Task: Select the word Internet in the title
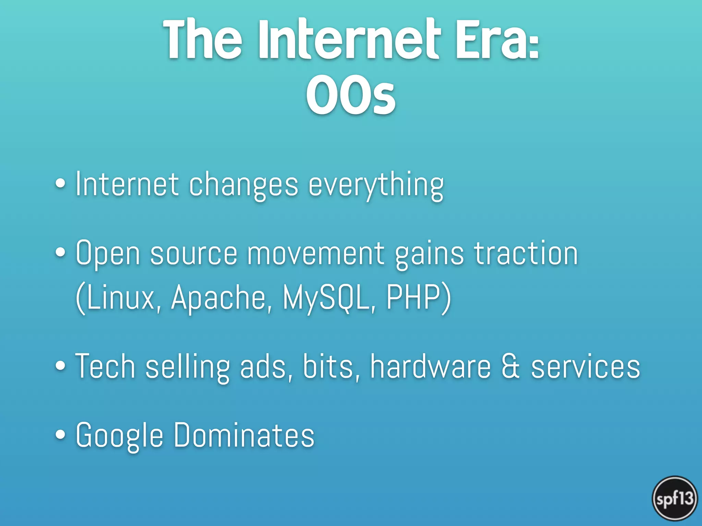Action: click(x=348, y=40)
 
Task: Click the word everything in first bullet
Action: click(x=376, y=185)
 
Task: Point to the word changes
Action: click(x=243, y=185)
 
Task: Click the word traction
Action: click(x=526, y=253)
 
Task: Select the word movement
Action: click(x=315, y=254)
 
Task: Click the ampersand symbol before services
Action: click(x=511, y=366)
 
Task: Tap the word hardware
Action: click(x=430, y=366)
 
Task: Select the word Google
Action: click(x=119, y=436)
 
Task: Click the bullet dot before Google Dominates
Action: click(x=60, y=434)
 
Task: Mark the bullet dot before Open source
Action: click(x=60, y=252)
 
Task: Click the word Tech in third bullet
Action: click(x=105, y=366)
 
